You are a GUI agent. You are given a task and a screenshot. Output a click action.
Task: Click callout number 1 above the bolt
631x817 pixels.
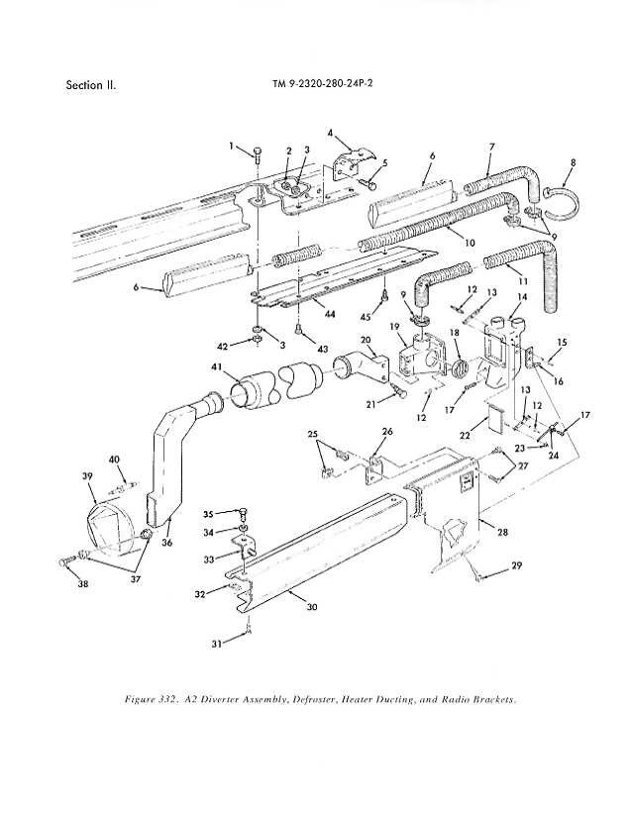coord(232,146)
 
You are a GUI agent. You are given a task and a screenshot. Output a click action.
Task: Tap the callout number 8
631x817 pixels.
coord(574,162)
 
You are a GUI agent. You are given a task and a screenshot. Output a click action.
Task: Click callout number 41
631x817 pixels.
coord(216,367)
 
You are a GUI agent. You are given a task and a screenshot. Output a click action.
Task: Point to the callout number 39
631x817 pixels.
coord(86,475)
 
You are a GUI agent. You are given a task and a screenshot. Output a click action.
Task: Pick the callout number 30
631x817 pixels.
coord(312,607)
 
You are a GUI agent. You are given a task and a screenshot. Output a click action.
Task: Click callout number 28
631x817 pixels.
coord(502,532)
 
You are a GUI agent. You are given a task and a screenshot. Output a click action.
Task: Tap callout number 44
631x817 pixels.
coord(329,314)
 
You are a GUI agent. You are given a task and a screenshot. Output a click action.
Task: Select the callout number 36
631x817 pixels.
coord(166,543)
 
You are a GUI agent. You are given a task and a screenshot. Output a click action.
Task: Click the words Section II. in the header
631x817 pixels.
coord(91,85)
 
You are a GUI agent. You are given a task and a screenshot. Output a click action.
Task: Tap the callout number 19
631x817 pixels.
coord(394,327)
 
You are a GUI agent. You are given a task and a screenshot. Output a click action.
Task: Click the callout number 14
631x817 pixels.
coord(522,297)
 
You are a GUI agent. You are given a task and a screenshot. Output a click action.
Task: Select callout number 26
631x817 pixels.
coord(387,432)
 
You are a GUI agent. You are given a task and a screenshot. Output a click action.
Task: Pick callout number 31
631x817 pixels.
coord(217,644)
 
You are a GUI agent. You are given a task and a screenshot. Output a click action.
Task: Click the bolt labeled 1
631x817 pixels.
coord(258,153)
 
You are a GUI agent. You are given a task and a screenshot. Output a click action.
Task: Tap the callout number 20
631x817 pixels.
coord(366,340)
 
